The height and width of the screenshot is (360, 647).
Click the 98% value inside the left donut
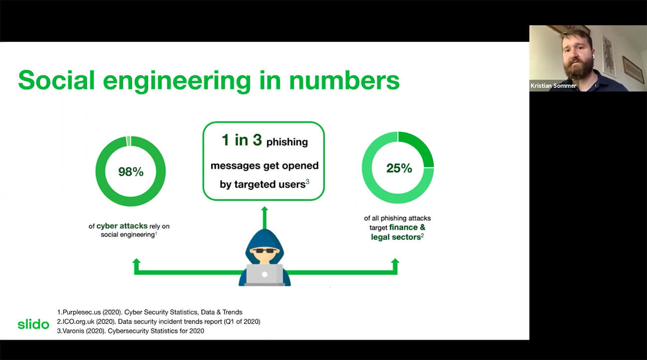coord(131,172)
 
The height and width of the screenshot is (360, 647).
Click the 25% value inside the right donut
coord(399,168)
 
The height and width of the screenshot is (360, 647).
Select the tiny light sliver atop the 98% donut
coord(128,141)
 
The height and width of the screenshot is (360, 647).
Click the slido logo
coord(33,324)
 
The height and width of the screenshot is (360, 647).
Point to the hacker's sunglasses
coord(265,250)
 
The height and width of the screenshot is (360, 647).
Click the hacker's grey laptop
coord(264,275)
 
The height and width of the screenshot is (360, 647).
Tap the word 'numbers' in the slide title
coord(344,80)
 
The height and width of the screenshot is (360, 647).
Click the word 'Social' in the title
coord(56,80)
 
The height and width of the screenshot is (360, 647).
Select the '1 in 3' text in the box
coord(242,140)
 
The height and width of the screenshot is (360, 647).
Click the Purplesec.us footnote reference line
coord(150,312)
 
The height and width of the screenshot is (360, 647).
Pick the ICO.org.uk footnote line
coord(159,322)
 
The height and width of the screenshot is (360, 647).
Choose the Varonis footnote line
coord(130,331)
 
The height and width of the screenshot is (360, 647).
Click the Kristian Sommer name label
coord(553,86)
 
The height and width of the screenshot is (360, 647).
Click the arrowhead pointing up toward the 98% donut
coord(136,261)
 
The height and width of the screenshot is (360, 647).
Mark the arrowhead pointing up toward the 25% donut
coord(395,261)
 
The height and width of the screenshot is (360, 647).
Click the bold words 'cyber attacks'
coord(122,226)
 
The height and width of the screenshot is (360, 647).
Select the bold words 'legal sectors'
coord(396,237)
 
